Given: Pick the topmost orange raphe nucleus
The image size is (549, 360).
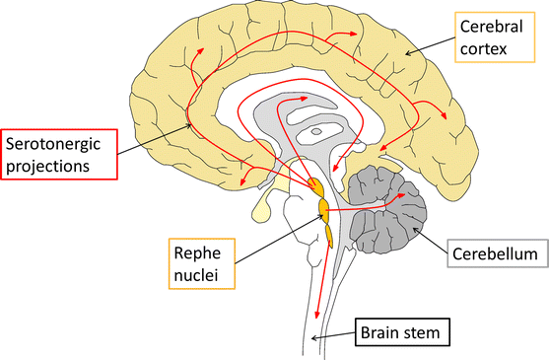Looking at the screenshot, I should pos(315,186).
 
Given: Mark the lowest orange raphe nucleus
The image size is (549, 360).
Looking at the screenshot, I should pos(330,234).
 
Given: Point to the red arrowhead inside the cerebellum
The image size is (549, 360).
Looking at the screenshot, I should pos(401,197).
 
